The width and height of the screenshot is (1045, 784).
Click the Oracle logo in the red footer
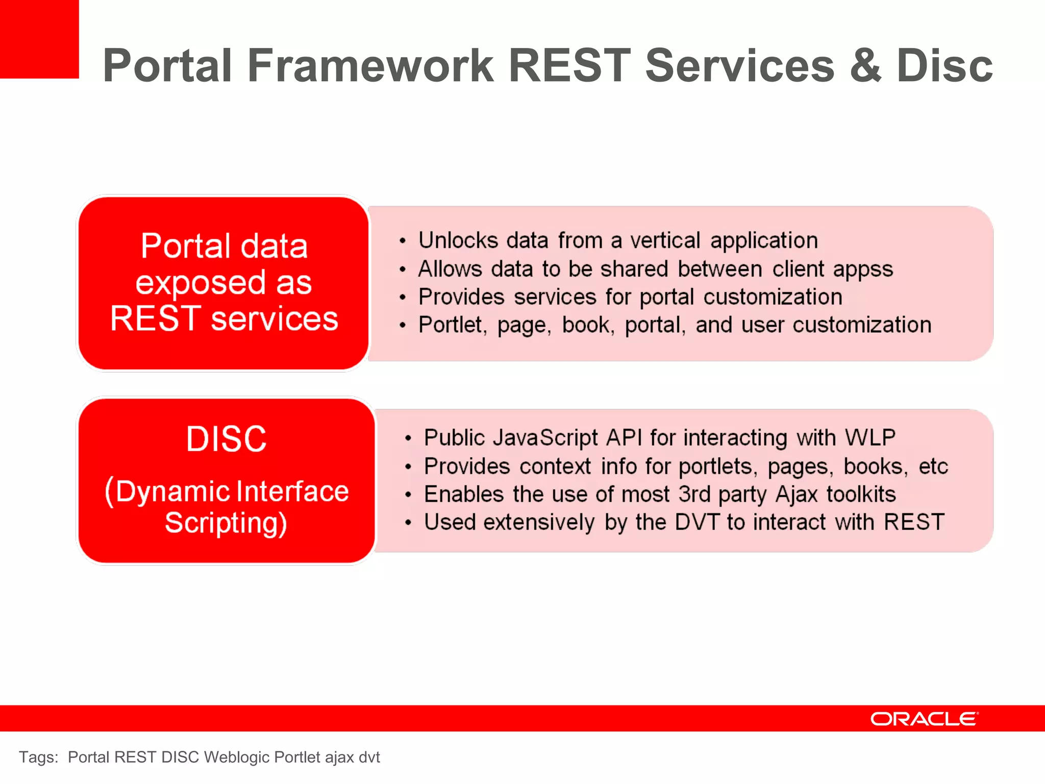click(x=924, y=719)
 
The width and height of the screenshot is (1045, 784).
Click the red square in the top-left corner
click(x=39, y=39)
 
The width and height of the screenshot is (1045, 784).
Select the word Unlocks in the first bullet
click(x=458, y=240)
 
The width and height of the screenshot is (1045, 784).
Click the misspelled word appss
click(x=863, y=269)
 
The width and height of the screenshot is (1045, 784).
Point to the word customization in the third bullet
click(x=773, y=297)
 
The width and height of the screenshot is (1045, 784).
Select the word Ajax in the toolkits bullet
click(x=796, y=495)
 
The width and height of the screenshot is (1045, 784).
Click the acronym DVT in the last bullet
click(x=696, y=522)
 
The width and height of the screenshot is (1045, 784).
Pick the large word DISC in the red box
click(x=226, y=439)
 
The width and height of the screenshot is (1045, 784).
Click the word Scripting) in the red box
click(x=226, y=523)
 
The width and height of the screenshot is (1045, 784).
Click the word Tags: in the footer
click(x=39, y=757)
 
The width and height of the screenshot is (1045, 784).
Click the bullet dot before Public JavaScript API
click(x=408, y=438)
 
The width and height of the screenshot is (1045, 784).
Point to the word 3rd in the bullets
click(x=694, y=495)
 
